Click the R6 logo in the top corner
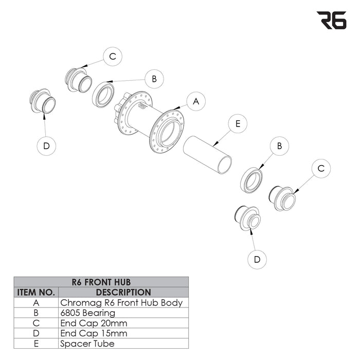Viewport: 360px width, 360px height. click(x=331, y=20)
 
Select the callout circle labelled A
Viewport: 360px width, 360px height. click(x=196, y=101)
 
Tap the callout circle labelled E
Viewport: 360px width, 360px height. click(x=238, y=124)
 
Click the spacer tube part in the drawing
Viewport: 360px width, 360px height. click(x=207, y=155)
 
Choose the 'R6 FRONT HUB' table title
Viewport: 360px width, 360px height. click(x=101, y=282)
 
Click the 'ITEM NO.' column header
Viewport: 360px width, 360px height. click(x=36, y=292)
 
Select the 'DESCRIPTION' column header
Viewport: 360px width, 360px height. click(x=123, y=292)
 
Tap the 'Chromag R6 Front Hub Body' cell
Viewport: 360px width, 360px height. click(x=121, y=302)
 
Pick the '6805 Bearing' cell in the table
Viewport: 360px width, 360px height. click(x=88, y=313)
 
